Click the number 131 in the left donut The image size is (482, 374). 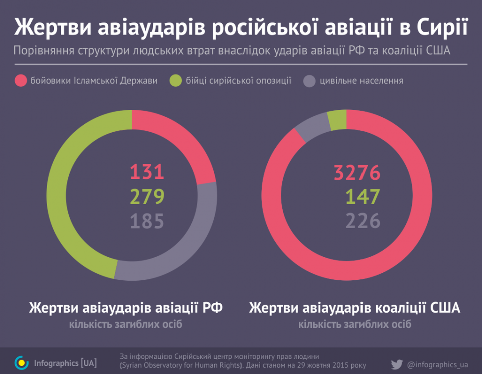point(147,172)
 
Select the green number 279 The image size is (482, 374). point(147,197)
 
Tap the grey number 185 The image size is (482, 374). point(147,221)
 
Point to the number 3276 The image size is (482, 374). point(357,172)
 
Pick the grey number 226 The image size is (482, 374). point(363,221)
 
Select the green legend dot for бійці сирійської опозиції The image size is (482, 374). point(176,81)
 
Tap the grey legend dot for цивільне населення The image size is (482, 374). point(310,81)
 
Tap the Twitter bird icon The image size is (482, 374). point(397,364)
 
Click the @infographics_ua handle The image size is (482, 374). point(438,364)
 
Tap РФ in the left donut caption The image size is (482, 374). point(212,307)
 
